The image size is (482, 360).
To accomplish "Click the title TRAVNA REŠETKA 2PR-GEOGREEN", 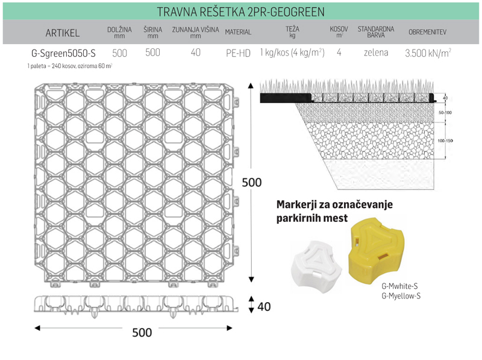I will click(x=240, y=11).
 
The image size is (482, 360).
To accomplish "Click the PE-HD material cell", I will click(x=238, y=53).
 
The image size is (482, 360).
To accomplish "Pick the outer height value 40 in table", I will click(x=195, y=52).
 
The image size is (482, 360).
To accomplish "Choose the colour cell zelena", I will click(x=375, y=52).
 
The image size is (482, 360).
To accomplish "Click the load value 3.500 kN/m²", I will click(x=427, y=52).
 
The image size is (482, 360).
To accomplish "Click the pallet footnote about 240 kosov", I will click(x=70, y=65).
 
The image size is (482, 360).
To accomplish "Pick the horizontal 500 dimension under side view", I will click(x=142, y=332).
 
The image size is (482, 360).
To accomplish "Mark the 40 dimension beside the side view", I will click(x=263, y=307).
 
